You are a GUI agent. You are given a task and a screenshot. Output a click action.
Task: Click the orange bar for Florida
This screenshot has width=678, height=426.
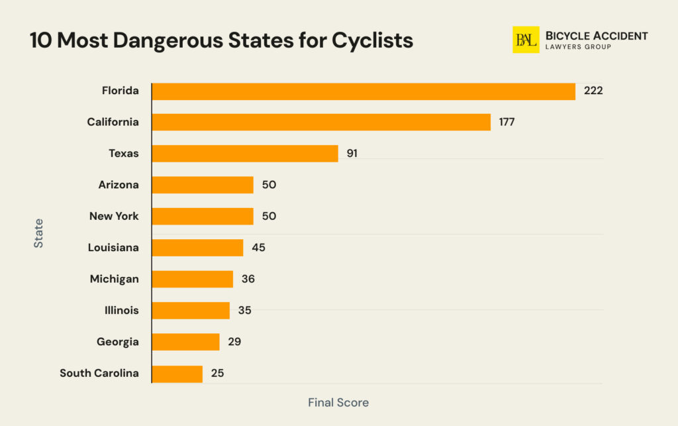pos(363,91)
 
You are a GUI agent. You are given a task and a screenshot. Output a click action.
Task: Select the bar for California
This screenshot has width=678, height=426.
pos(321,122)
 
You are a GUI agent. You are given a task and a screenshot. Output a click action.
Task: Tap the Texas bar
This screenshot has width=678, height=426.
pos(245,154)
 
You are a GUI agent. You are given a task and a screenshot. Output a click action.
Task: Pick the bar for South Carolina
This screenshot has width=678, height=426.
pos(177,374)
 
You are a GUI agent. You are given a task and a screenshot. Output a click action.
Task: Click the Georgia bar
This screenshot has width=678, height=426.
pos(185,342)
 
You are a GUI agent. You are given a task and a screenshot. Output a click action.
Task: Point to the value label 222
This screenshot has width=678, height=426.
pos(593,91)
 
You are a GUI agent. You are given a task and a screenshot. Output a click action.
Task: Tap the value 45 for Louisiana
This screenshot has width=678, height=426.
pos(258,248)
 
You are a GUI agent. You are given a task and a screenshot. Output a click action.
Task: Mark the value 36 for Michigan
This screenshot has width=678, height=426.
pos(248,279)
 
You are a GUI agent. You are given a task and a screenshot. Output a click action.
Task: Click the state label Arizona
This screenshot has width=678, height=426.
pos(119,185)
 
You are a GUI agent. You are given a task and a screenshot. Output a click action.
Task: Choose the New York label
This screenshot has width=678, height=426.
pos(114,216)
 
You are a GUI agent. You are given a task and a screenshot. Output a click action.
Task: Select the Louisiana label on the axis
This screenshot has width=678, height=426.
pos(113,248)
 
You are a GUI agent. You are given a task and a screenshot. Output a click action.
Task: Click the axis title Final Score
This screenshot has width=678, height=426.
pos(338,402)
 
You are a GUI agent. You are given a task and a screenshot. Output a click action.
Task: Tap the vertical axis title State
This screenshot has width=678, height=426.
pos(38,233)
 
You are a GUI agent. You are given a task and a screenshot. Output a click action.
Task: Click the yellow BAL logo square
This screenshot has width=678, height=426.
pos(526,40)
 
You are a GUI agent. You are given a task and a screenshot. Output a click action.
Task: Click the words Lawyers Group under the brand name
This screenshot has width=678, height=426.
pos(578,48)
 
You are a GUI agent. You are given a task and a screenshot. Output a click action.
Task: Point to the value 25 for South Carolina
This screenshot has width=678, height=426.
pos(217,374)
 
